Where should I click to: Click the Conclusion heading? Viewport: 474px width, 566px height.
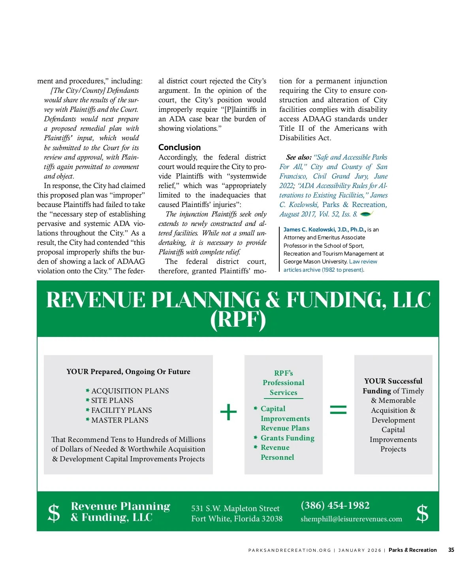(x=179, y=147)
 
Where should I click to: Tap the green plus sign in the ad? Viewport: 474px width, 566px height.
(x=228, y=412)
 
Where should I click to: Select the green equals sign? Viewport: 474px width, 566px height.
(x=338, y=410)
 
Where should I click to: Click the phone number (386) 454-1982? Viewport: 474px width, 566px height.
(x=335, y=505)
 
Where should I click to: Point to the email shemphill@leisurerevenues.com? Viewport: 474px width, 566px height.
(x=351, y=519)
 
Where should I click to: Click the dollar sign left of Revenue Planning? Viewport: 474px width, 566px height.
(x=54, y=513)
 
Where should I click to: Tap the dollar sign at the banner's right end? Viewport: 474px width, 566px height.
(x=422, y=513)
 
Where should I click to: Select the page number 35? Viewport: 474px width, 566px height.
(x=451, y=550)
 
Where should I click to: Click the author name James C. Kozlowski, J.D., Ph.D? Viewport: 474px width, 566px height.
(x=324, y=229)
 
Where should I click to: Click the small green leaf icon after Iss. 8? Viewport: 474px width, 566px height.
(x=366, y=214)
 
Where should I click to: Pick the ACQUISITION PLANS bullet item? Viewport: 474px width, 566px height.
(x=130, y=391)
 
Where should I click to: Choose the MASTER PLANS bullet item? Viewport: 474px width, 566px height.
(x=120, y=420)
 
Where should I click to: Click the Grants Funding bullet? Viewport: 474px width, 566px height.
(x=287, y=438)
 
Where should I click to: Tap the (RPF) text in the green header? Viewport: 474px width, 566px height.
(x=238, y=319)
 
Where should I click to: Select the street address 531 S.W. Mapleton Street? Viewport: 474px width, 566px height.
(x=235, y=508)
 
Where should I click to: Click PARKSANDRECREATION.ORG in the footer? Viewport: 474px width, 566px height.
(x=290, y=550)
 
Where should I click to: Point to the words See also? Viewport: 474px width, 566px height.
(x=299, y=157)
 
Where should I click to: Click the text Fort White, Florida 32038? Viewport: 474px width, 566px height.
(x=237, y=519)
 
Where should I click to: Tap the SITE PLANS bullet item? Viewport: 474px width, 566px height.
(x=112, y=401)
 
